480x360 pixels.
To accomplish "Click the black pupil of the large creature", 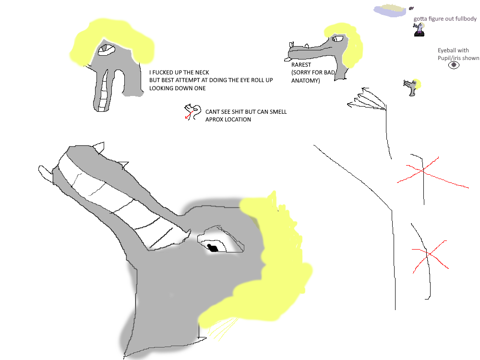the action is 213,248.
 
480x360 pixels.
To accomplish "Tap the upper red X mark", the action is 424,170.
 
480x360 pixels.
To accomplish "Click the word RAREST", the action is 301,65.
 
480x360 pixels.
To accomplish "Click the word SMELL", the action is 277,112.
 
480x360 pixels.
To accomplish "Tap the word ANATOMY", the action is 305,81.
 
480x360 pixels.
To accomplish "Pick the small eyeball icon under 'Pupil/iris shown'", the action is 454,65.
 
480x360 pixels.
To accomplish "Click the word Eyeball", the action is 446,50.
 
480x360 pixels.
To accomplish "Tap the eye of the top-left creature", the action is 106,49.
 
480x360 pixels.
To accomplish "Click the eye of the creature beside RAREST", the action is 338,38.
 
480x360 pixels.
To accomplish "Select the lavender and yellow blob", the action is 390,11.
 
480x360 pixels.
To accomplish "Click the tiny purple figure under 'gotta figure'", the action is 419,30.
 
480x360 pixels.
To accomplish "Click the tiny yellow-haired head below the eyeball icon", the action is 412,86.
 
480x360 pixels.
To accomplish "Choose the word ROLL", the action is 258,80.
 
